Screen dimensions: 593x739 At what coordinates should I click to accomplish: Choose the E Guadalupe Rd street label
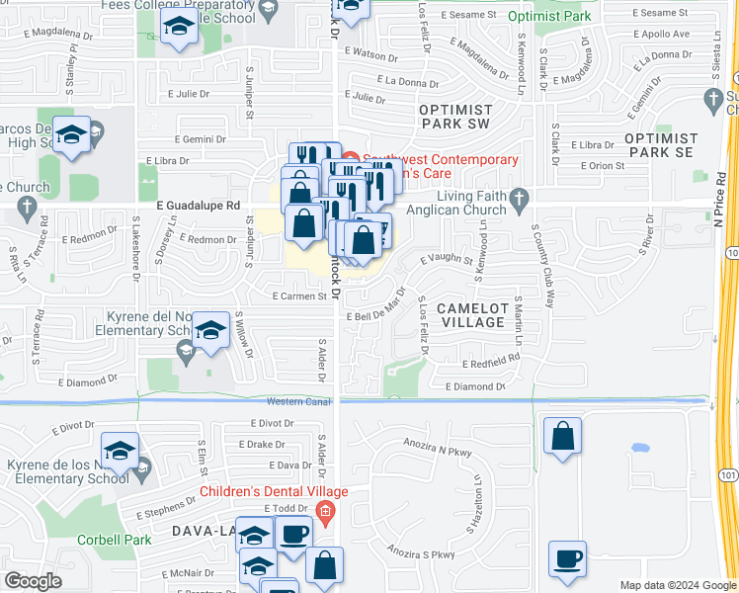click(x=199, y=205)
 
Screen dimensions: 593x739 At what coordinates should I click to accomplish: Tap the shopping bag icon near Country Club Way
click(x=562, y=436)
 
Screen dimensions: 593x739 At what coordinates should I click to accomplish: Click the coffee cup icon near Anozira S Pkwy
click(x=567, y=559)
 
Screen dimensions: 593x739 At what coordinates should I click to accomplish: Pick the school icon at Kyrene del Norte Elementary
click(x=210, y=331)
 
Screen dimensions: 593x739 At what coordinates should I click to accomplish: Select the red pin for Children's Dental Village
click(x=325, y=511)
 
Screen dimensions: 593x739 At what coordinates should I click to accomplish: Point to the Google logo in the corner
click(x=33, y=580)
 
